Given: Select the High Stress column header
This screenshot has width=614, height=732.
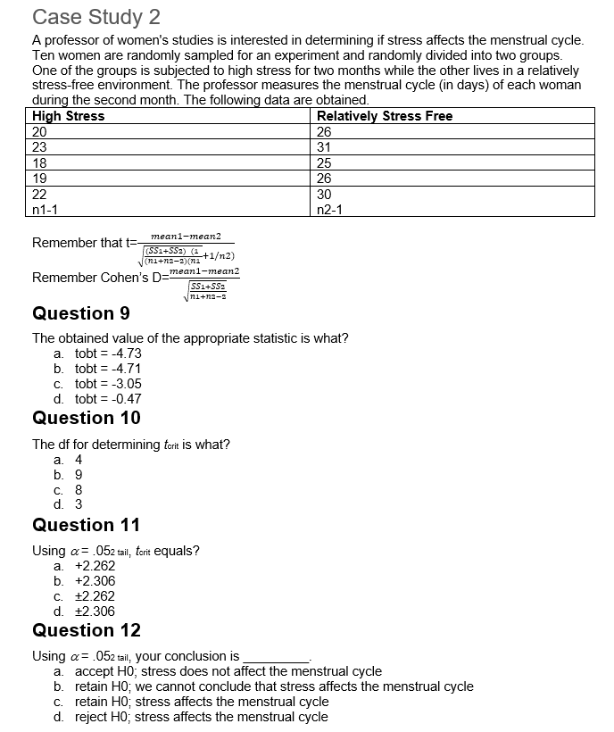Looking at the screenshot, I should tap(69, 116).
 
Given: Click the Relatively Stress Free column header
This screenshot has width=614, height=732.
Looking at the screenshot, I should tap(385, 116).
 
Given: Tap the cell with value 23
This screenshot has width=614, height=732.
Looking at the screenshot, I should tap(39, 147).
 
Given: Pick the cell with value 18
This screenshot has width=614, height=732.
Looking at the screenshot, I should tap(39, 162).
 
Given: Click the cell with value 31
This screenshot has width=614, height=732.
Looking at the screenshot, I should tap(325, 147).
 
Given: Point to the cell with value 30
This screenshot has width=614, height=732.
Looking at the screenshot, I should tap(325, 194).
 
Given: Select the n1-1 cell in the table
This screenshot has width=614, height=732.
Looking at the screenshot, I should tap(46, 209).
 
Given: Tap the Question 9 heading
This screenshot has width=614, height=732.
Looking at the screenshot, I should tap(80, 313).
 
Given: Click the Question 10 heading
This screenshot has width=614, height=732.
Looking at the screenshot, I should tap(86, 418).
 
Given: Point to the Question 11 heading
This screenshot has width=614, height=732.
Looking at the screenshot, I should tap(86, 525).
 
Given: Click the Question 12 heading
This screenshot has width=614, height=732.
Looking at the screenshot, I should tap(86, 630).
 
